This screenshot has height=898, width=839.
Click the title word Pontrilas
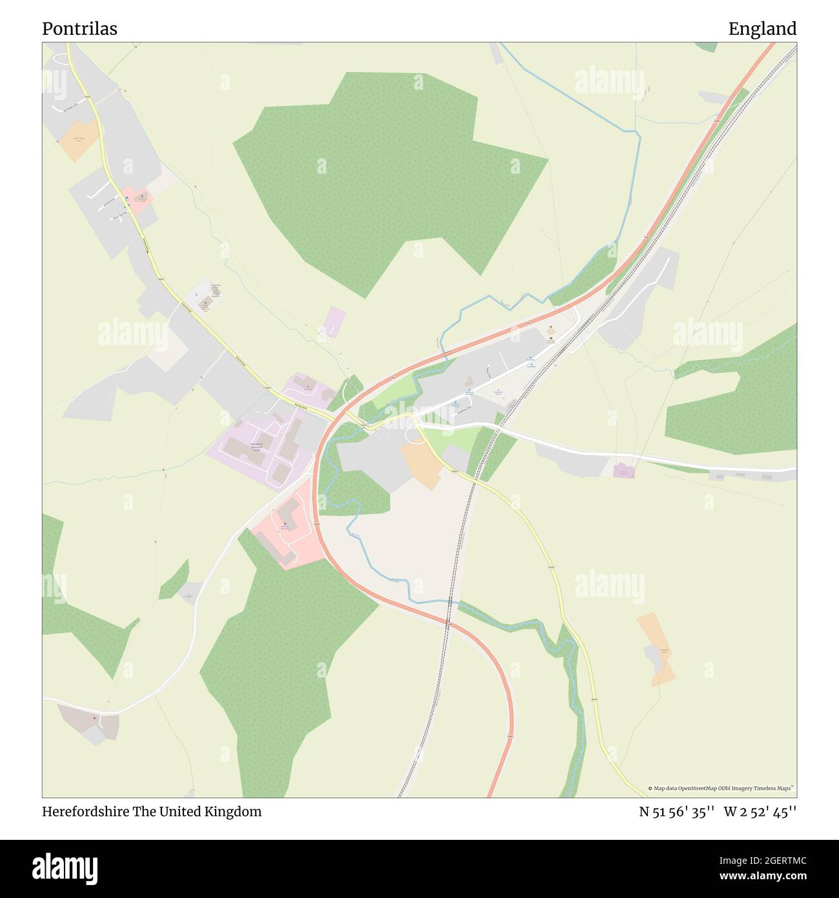[x=79, y=29]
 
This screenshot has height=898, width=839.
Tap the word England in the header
[x=762, y=29]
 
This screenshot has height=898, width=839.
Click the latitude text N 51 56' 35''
[x=676, y=811]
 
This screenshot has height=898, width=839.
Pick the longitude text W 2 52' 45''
[x=760, y=811]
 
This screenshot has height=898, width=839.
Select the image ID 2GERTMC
[x=773, y=861]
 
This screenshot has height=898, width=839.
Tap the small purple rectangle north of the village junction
[x=334, y=322]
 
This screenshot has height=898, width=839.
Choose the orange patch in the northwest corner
[x=79, y=140]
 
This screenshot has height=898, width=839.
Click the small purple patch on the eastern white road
[x=623, y=471]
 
